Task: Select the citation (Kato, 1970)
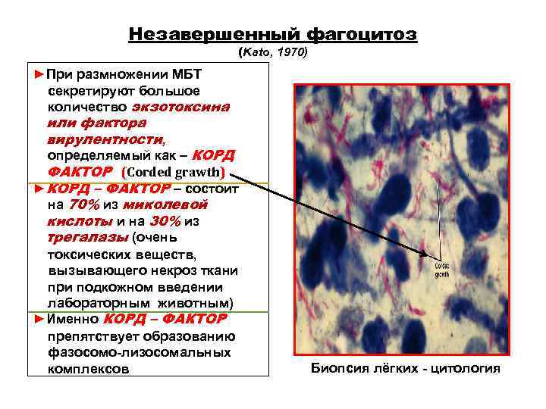click(272, 54)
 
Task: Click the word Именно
click(73, 319)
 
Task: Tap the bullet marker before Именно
click(40, 319)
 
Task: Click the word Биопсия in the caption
click(339, 369)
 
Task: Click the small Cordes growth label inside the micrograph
click(442, 270)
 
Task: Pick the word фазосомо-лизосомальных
click(128, 352)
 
